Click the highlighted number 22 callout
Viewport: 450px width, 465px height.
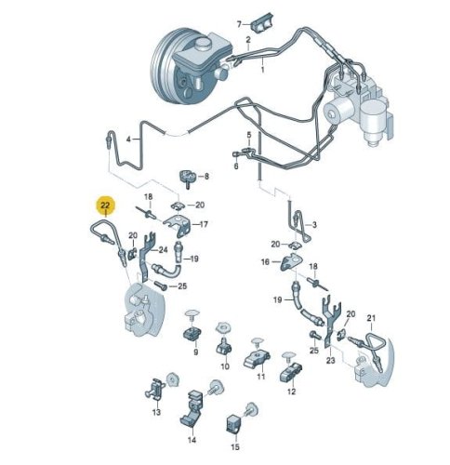click(106, 206)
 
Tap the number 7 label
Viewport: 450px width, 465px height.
click(239, 24)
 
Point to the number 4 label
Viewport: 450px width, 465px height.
click(128, 139)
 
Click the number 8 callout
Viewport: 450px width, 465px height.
click(206, 177)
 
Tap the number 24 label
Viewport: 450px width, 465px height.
click(164, 249)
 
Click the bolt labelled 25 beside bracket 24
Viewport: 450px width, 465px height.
click(160, 285)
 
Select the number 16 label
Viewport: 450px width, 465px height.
click(265, 262)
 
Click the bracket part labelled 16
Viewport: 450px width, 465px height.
click(292, 262)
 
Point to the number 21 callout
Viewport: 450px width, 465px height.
click(371, 318)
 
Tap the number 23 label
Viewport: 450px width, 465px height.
click(331, 361)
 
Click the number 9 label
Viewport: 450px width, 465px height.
click(195, 352)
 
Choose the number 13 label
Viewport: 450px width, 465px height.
click(156, 412)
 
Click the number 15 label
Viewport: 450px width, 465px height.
click(235, 446)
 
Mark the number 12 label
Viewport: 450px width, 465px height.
click(292, 392)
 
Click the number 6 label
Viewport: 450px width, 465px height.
click(236, 166)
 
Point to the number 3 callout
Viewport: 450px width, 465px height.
click(314, 224)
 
